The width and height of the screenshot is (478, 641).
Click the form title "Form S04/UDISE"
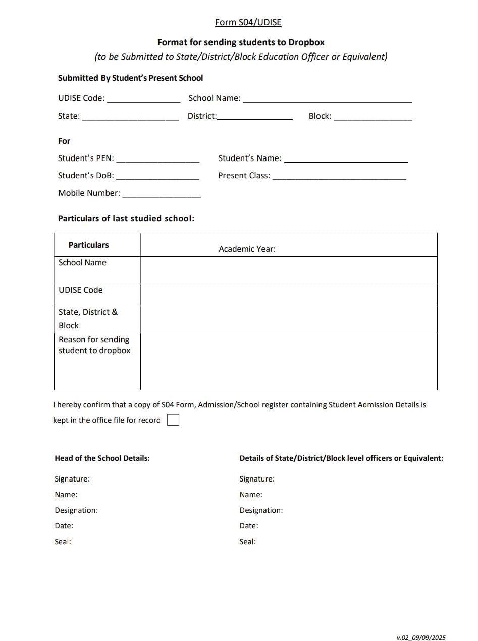click(248, 22)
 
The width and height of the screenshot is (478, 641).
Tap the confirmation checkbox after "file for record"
click(173, 420)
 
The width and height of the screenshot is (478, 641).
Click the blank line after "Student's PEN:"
click(157, 161)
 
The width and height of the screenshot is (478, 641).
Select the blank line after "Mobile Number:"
click(162, 195)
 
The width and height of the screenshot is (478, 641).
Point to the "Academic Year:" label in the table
click(247, 249)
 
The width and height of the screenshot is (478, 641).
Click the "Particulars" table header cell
click(89, 245)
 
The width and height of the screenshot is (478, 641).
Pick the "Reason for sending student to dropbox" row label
click(94, 345)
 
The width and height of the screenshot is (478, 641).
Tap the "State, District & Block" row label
click(88, 318)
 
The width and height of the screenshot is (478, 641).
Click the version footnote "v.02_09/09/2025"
click(421, 637)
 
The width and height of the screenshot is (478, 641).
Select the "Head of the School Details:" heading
click(102, 458)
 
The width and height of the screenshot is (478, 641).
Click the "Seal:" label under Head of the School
click(63, 542)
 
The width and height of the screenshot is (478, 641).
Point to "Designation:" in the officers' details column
click(261, 510)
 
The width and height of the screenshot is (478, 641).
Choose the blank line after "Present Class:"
click(339, 178)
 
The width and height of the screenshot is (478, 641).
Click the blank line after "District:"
click(255, 118)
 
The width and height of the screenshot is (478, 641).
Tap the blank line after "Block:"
click(373, 118)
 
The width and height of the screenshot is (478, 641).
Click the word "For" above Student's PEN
click(64, 141)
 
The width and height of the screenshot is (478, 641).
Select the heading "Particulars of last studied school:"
click(126, 218)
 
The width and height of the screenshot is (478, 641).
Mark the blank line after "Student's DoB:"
click(157, 178)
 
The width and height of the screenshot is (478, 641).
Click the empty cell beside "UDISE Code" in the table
click(289, 295)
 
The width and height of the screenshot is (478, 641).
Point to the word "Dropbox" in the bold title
click(306, 42)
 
